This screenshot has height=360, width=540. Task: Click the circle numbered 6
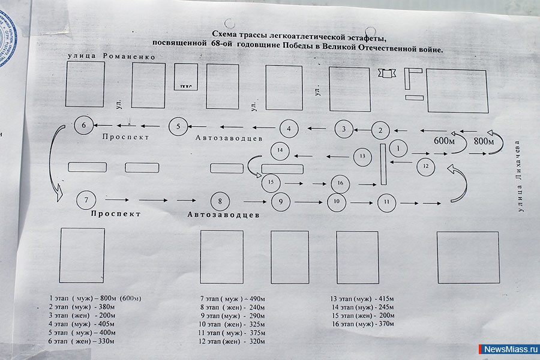[x=83, y=125]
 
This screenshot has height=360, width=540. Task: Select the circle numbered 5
[x=178, y=126]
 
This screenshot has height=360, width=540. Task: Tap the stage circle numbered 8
[x=220, y=200]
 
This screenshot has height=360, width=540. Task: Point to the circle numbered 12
[x=425, y=166]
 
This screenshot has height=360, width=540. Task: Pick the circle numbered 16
[x=340, y=182]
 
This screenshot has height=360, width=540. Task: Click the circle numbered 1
[x=398, y=146]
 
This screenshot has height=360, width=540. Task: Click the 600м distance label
[x=445, y=140]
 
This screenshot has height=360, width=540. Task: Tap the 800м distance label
[x=484, y=141]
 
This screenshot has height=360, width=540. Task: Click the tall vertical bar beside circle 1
[x=382, y=164]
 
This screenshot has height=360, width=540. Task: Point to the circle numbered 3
[x=343, y=128]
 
